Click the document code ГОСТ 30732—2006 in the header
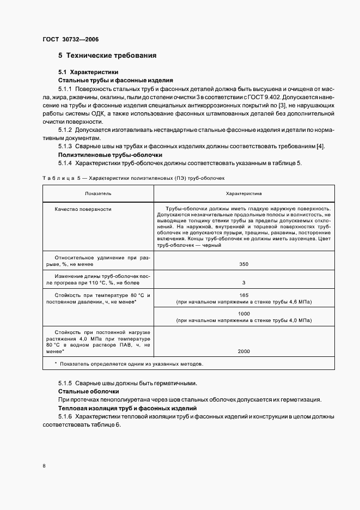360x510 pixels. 70,39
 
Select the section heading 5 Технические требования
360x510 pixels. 107,56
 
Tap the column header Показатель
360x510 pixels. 98,193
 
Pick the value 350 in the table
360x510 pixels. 243,264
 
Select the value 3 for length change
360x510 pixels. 243,283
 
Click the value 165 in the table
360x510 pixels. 243,295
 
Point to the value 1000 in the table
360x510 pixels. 243,314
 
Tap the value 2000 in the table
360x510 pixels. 243,351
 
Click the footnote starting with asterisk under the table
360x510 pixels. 129,363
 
